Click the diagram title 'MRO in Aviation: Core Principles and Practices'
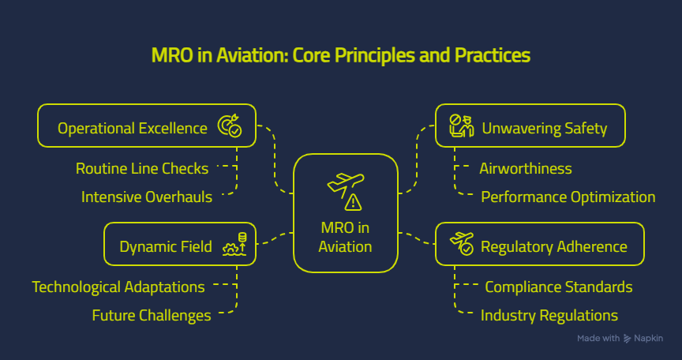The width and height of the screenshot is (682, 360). click(340, 57)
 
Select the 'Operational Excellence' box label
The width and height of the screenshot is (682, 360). click(133, 128)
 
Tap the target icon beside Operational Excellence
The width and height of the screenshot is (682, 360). click(230, 127)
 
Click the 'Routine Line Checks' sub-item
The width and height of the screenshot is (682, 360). click(142, 168)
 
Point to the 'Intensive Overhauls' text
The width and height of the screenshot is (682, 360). click(147, 197)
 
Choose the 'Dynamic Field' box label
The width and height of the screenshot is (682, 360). click(165, 246)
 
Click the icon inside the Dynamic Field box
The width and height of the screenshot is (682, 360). click(235, 244)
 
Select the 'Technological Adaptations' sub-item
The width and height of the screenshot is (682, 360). click(118, 287)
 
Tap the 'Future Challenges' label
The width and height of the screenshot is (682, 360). click(152, 316)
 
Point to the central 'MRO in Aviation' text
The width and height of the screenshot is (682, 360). click(345, 237)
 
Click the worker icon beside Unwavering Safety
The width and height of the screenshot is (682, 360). click(460, 126)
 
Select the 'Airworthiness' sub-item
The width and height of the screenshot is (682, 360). click(525, 168)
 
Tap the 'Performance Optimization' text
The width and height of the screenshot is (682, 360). click(568, 197)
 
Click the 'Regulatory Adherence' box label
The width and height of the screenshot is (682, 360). click(553, 246)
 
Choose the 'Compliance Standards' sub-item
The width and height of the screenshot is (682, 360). click(558, 287)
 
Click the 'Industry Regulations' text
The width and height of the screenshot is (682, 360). click(549, 316)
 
